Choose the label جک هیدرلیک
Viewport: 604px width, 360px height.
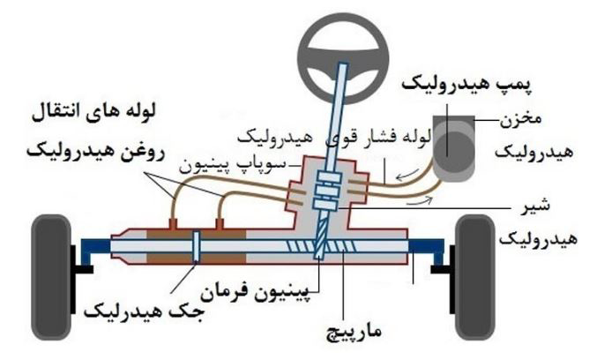click(x=141, y=311)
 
